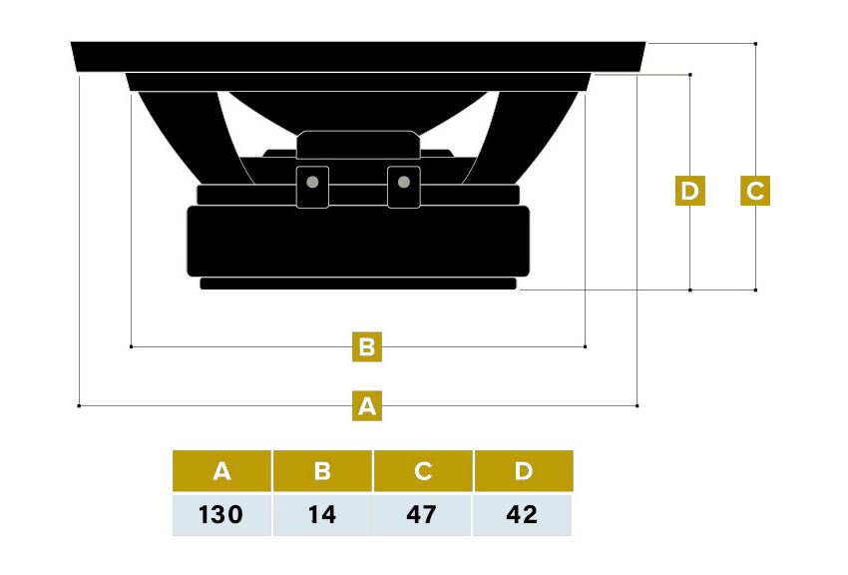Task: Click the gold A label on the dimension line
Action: coord(367,405)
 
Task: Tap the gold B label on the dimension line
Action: coord(367,346)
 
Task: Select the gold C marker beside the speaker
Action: coord(755,191)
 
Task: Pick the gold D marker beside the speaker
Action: coord(690,191)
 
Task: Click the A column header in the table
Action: coord(221,470)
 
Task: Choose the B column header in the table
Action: coord(322,470)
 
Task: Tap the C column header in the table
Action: coord(423,470)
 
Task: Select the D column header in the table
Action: coord(524,470)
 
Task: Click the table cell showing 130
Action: coord(221,515)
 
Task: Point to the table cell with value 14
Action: coord(322,515)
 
